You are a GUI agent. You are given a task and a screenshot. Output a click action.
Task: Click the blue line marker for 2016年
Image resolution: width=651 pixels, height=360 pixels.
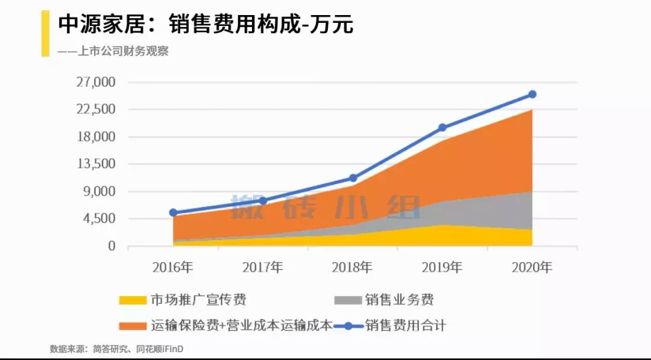(173, 212)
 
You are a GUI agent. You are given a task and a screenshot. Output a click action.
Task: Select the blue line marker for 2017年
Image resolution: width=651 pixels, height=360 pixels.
(263, 200)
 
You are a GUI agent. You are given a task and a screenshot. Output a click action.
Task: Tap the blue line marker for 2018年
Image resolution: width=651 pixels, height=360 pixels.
(353, 178)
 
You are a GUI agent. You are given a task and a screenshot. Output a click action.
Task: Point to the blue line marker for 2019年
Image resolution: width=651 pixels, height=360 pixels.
(442, 127)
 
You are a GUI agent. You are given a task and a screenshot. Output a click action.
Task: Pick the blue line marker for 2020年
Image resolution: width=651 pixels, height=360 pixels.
(532, 94)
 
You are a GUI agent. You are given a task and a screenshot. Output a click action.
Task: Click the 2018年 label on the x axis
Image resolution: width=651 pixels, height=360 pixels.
(352, 267)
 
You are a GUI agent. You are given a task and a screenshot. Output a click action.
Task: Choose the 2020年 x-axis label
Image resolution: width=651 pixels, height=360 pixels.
(532, 267)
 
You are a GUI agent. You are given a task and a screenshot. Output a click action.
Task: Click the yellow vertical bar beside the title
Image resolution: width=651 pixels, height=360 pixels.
(45, 33)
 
